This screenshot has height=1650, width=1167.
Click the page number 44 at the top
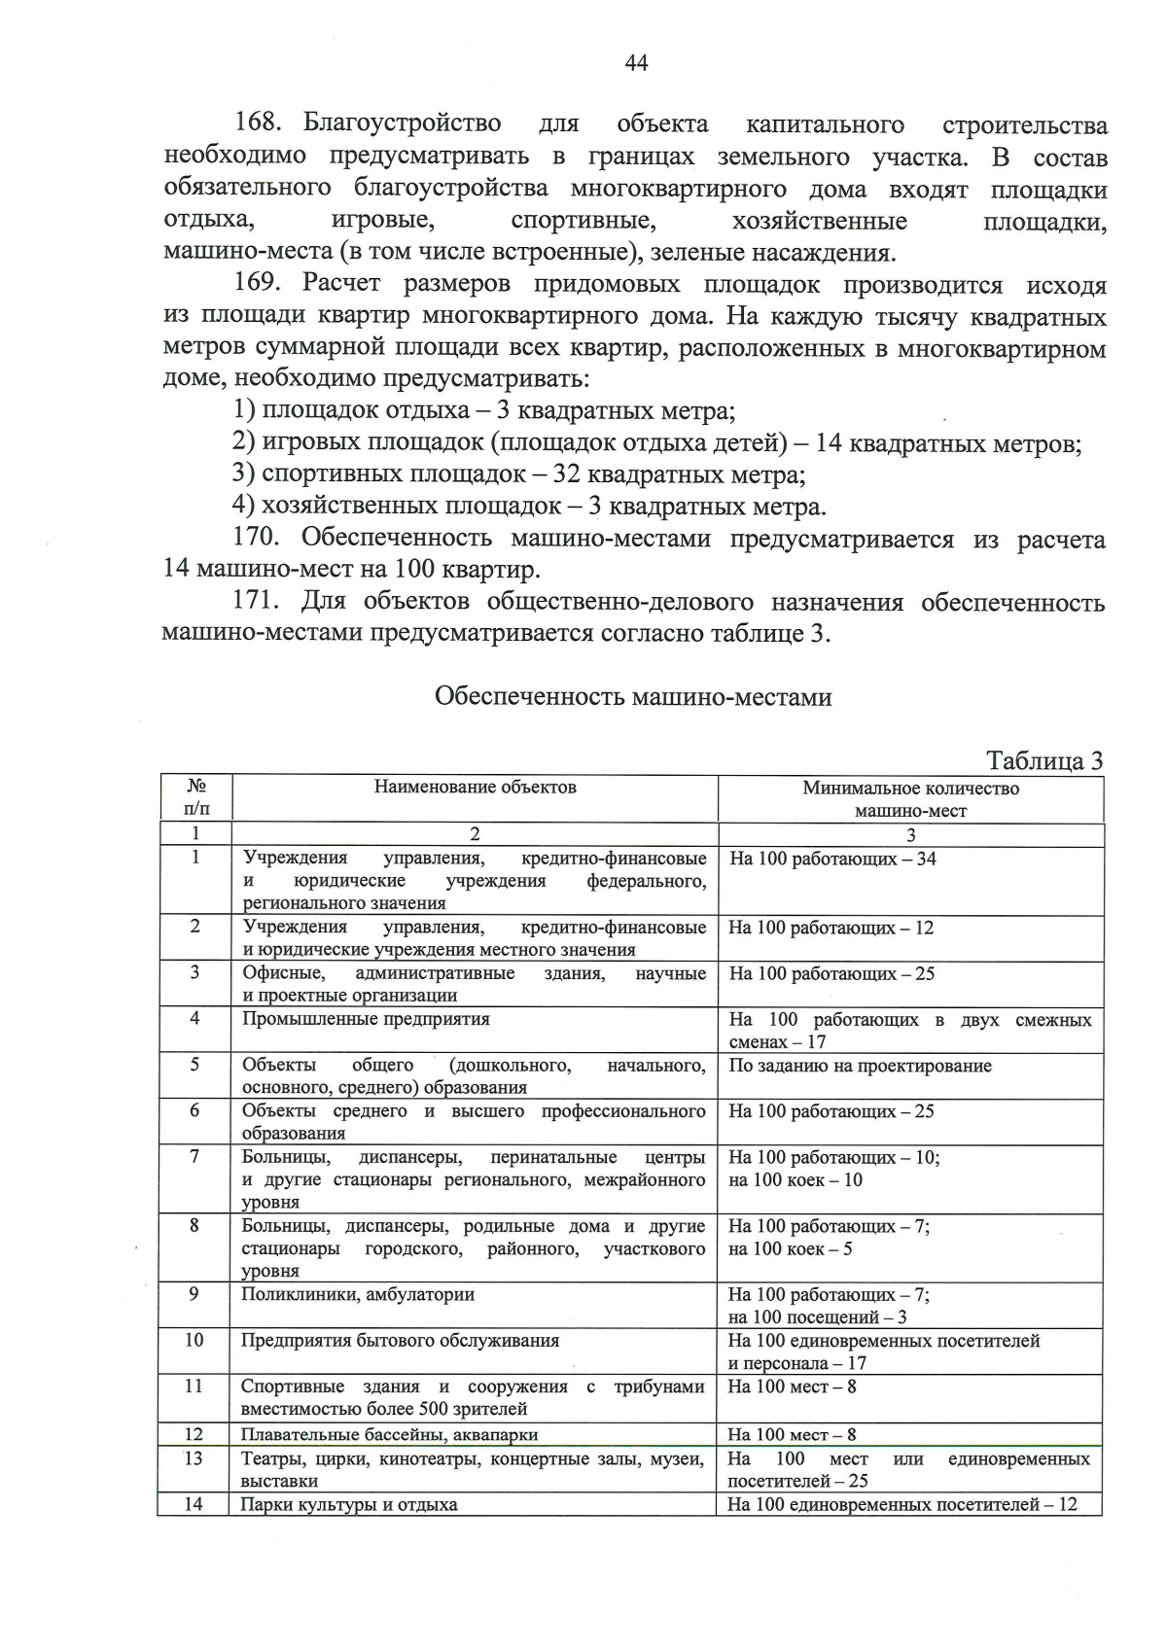(x=636, y=63)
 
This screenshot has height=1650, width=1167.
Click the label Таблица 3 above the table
(x=1044, y=760)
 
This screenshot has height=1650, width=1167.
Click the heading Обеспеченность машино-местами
(x=633, y=697)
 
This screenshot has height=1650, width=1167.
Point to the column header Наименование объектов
(x=475, y=787)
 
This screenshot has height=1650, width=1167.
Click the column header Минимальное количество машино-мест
(x=910, y=798)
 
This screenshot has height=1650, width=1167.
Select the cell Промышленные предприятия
(x=366, y=1019)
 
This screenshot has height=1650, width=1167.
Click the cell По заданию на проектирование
(x=860, y=1066)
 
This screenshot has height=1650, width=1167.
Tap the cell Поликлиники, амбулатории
(x=358, y=1294)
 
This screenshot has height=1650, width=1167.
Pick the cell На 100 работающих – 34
(x=832, y=859)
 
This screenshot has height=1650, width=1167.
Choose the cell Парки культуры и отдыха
(x=349, y=1504)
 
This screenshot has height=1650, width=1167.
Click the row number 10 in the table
(x=194, y=1340)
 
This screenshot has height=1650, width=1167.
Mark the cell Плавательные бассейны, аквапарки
(x=389, y=1434)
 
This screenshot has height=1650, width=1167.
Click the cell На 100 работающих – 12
(x=831, y=928)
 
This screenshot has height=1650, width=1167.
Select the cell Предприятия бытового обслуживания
(x=400, y=1340)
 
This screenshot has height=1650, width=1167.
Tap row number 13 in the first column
(x=194, y=1457)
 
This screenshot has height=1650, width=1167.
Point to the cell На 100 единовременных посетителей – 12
(x=902, y=1504)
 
